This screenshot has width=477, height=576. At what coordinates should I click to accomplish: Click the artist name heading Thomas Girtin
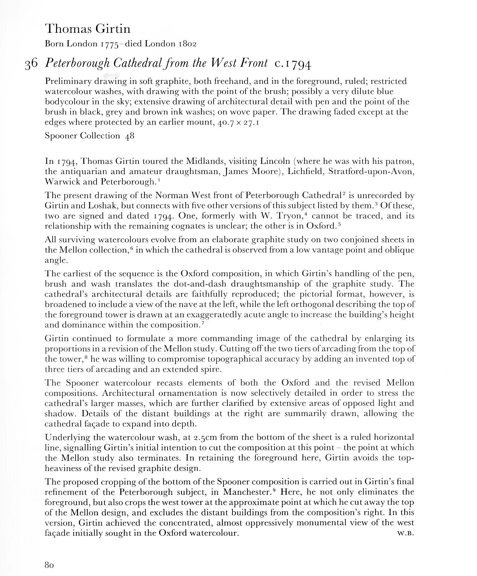pyautogui.click(x=88, y=29)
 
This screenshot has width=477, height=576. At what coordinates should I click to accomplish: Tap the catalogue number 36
pyautogui.click(x=31, y=64)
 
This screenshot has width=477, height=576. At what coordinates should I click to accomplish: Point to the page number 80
pyautogui.click(x=50, y=565)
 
